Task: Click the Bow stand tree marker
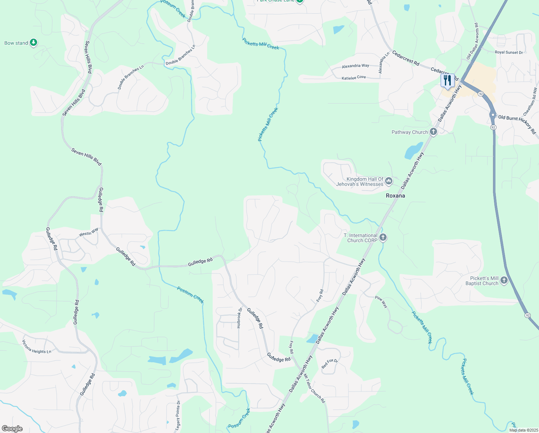pos(34,43)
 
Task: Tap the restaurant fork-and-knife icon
pos(447,80)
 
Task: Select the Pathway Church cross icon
pos(433,132)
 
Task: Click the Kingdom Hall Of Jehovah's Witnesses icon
pos(388,181)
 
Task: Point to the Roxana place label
pos(395,196)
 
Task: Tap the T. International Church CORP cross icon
pos(383,237)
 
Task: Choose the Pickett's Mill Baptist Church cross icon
pos(504,280)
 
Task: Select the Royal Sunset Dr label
pos(509,52)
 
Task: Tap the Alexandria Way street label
pos(355,66)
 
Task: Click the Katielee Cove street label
pos(354,77)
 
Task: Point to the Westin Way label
pos(89,232)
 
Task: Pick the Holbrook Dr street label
pos(240,318)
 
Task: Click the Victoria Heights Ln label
pos(37,347)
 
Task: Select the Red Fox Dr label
pos(329,364)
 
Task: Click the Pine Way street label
pos(381,302)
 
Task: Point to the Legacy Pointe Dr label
pos(178,415)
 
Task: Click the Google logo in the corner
pos(12,429)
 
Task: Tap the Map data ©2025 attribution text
pos(523,430)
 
